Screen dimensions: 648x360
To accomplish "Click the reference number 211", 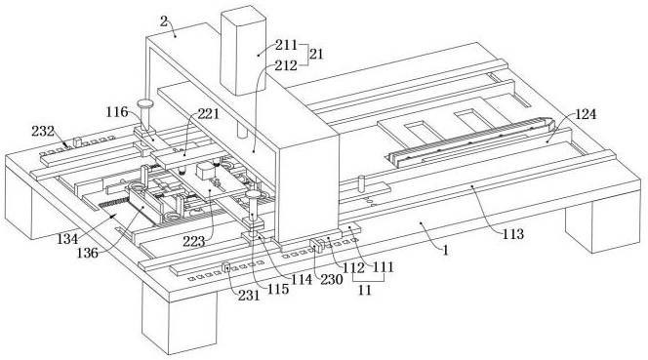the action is (286, 45).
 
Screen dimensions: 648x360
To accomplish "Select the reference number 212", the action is (286, 65).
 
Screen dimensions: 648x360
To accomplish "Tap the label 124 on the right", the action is (585, 114).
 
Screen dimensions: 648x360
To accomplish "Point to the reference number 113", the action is (513, 234).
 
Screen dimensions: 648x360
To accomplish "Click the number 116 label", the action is (117, 111).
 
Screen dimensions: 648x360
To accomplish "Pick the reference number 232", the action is (43, 131).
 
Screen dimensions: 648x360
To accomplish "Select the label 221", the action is (208, 114).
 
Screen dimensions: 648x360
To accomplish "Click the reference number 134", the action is (67, 238).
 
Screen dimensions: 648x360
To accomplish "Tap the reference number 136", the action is (88, 253).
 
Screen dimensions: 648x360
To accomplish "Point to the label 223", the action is (194, 242).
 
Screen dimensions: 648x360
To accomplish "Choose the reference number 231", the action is (249, 295).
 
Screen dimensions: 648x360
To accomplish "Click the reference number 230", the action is (332, 280).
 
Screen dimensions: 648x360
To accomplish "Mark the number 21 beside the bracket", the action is (316, 54).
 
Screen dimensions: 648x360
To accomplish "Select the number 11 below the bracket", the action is (365, 290).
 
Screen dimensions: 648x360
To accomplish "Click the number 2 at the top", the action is (164, 21).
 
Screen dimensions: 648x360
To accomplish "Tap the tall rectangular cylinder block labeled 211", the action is (243, 51).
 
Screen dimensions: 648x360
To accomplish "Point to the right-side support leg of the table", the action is (603, 226).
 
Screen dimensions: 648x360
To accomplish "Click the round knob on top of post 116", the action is (145, 102).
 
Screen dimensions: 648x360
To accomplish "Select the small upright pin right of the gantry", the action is (362, 183).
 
